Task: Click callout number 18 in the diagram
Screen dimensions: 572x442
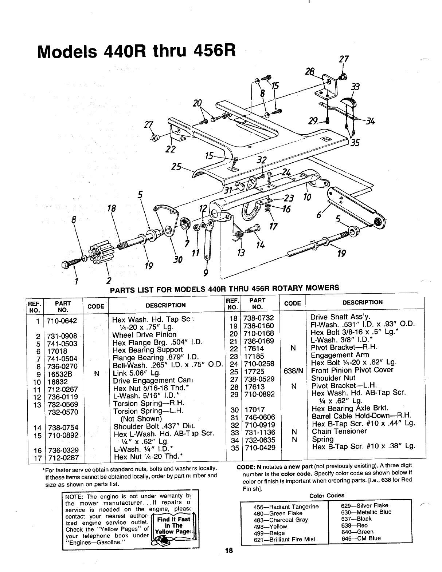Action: pyautogui.click(x=112, y=208)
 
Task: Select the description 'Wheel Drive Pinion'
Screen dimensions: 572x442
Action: pyautogui.click(x=144, y=335)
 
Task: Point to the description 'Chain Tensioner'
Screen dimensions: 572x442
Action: pyautogui.click(x=334, y=432)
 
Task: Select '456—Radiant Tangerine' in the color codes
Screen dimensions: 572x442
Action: pyautogui.click(x=286, y=507)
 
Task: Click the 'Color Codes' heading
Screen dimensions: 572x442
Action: pyautogui.click(x=326, y=496)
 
